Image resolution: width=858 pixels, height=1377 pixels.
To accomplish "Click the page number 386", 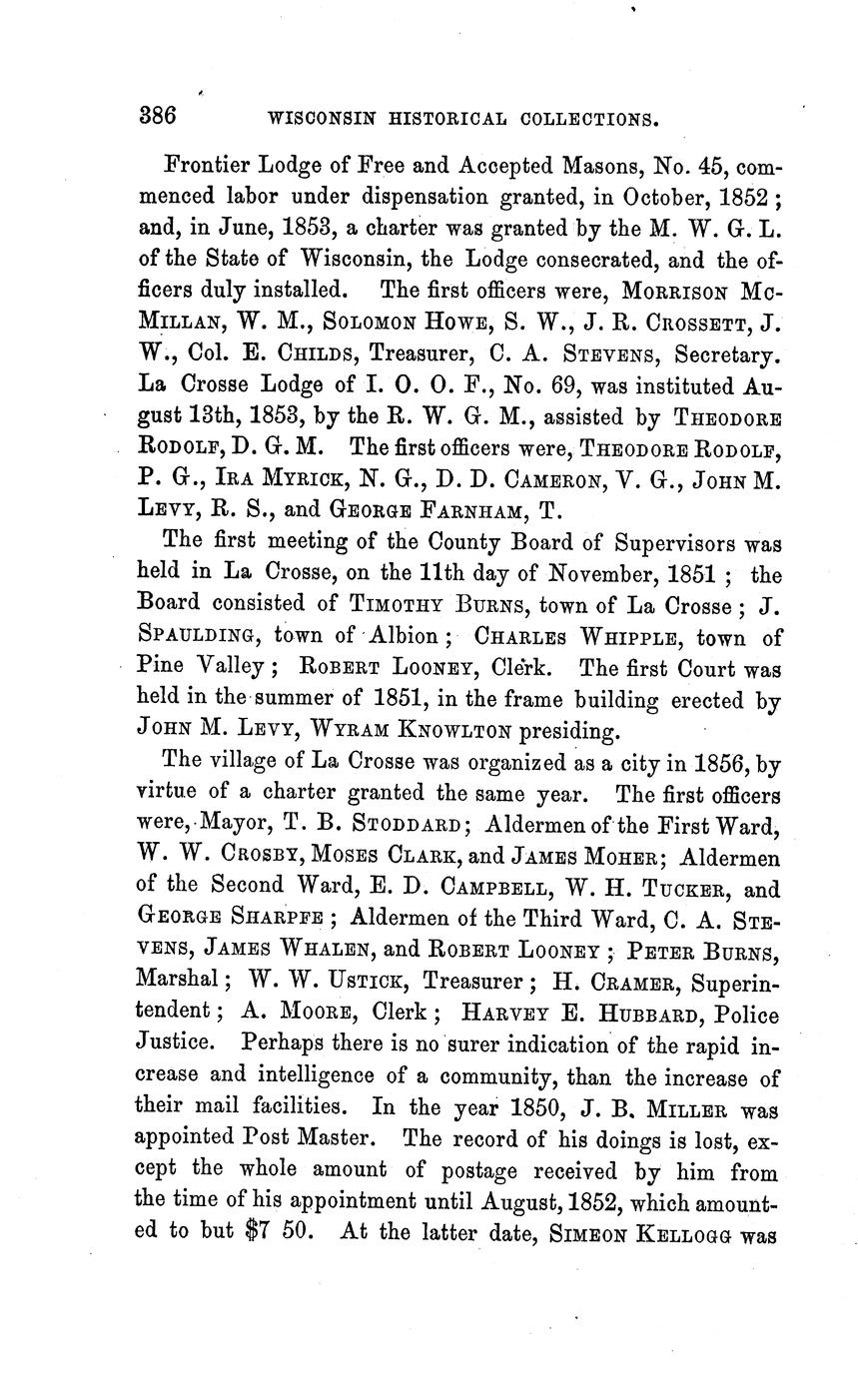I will point(157,116).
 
